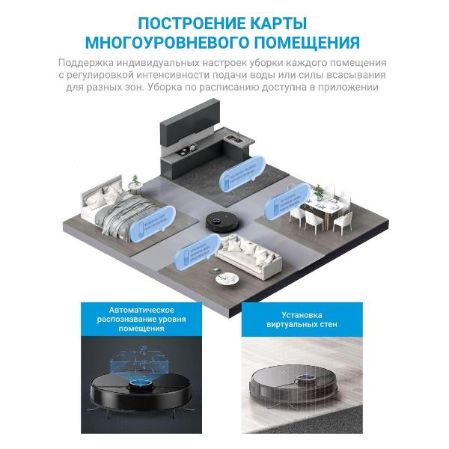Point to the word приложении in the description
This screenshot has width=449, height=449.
(x=358, y=87)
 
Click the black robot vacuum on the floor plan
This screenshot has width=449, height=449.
(x=219, y=219)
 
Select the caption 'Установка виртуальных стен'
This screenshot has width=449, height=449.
(x=309, y=320)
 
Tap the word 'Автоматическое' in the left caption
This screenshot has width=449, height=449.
(x=141, y=310)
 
